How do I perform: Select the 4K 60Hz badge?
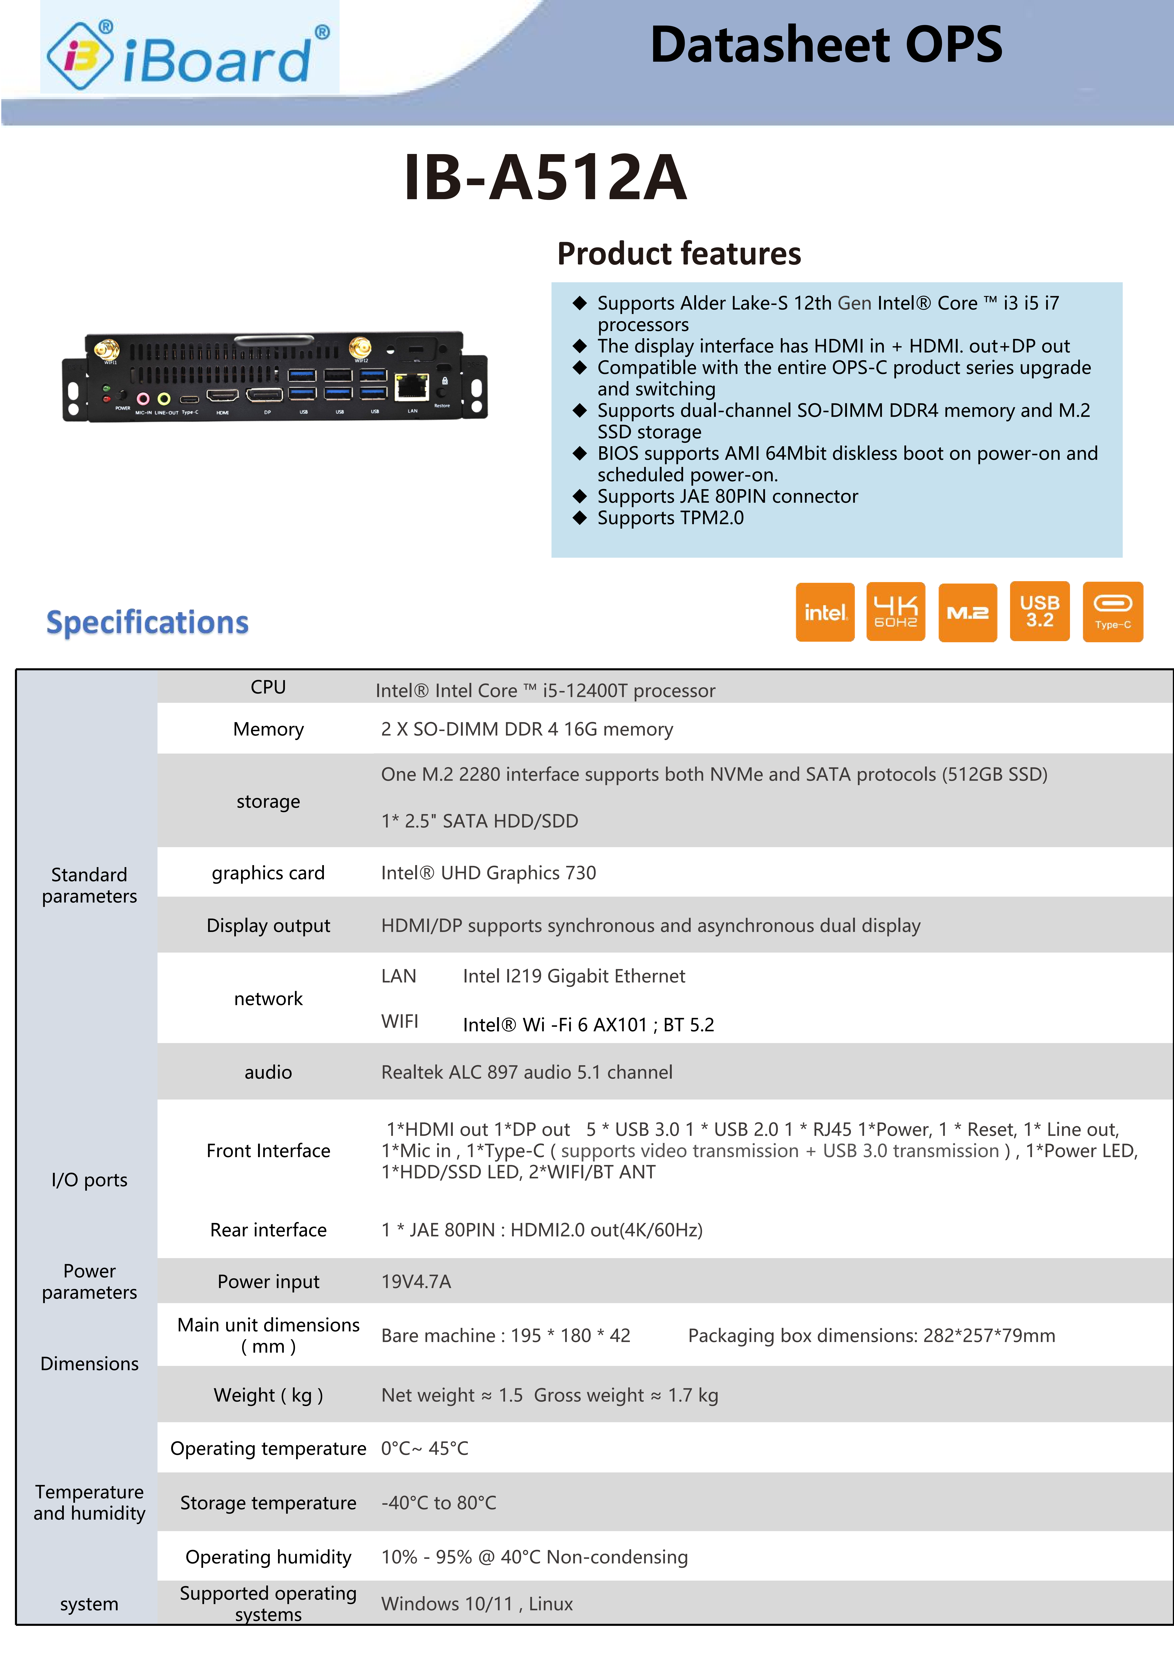pos(895,612)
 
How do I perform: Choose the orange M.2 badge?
pos(967,612)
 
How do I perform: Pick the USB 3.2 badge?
pos(1039,612)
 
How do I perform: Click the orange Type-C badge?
pos(1112,612)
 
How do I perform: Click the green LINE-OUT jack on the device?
pos(164,399)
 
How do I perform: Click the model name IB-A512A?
pos(545,177)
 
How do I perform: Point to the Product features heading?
pos(678,253)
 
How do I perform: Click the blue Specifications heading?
pos(147,622)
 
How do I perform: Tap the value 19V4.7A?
pos(416,1282)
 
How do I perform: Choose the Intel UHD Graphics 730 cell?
pos(488,873)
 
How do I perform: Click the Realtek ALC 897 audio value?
pos(527,1072)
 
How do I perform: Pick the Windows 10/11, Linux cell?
pos(477,1604)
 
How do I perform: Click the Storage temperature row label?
pos(268,1503)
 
